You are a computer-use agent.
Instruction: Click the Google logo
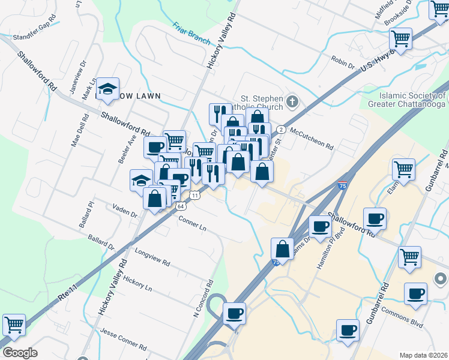pyautogui.click(x=20, y=353)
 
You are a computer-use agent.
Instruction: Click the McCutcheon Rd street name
pyautogui.click(x=311, y=136)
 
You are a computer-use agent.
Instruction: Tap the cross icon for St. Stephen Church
pyautogui.click(x=292, y=101)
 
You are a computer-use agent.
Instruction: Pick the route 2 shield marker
pyautogui.click(x=280, y=130)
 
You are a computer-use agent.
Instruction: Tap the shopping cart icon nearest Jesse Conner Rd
pyautogui.click(x=14, y=325)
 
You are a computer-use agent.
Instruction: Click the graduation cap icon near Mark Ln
pyautogui.click(x=108, y=89)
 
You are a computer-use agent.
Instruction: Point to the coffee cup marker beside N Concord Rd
pyautogui.click(x=235, y=313)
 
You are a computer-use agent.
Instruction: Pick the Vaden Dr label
pyautogui.click(x=125, y=211)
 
